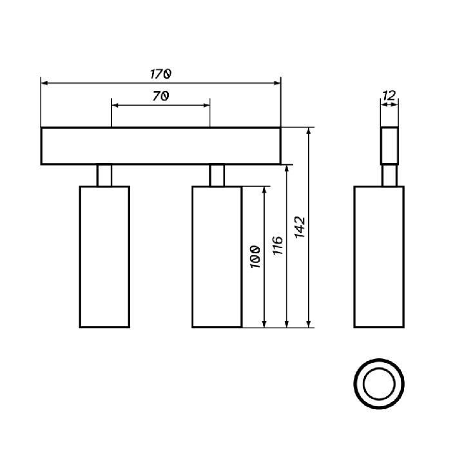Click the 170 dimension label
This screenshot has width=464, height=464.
pyautogui.click(x=160, y=73)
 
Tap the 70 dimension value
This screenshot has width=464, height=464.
pyautogui.click(x=161, y=95)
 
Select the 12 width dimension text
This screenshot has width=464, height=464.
pyautogui.click(x=389, y=95)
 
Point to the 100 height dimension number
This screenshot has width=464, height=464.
pyautogui.click(x=255, y=257)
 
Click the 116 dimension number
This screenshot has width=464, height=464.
pyautogui.click(x=278, y=246)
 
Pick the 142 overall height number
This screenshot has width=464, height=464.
pyautogui.click(x=300, y=227)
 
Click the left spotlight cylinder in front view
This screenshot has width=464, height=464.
pyautogui.click(x=104, y=257)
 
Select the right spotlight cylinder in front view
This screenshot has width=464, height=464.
pyautogui.click(x=217, y=257)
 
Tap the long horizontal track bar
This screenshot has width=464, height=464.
pyautogui.click(x=160, y=146)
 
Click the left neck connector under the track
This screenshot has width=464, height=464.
pyautogui.click(x=104, y=175)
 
